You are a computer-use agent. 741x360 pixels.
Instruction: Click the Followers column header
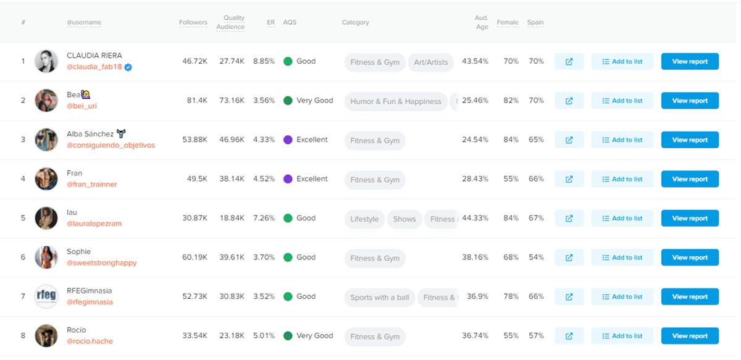tap(193, 22)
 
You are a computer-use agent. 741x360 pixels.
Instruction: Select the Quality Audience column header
tap(230, 22)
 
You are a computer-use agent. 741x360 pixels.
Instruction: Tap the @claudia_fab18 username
tap(94, 67)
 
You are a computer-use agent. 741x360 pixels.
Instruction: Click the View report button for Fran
tap(690, 179)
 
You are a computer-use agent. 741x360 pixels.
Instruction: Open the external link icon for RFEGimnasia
tap(569, 297)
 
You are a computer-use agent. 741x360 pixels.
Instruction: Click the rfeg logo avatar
tap(46, 296)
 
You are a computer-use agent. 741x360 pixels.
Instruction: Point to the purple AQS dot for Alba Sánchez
tap(288, 140)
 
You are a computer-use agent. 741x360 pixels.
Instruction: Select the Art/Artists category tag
tap(430, 62)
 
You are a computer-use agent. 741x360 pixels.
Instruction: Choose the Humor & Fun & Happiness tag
tap(396, 101)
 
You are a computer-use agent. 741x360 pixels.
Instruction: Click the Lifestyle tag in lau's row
tap(364, 219)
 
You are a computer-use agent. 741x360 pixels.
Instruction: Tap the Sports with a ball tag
tap(379, 298)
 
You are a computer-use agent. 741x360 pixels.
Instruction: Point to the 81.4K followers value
tap(197, 101)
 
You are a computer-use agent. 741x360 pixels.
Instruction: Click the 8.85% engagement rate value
tap(264, 61)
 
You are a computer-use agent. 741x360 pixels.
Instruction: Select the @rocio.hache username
tap(90, 341)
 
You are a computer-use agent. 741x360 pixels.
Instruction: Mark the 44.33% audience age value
tap(475, 218)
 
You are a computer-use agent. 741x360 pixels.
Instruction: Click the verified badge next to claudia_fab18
tap(128, 67)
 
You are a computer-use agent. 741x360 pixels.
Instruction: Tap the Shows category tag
tap(404, 219)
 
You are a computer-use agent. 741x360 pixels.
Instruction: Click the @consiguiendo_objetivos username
tap(111, 145)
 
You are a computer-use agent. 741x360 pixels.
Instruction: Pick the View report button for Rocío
tap(690, 336)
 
